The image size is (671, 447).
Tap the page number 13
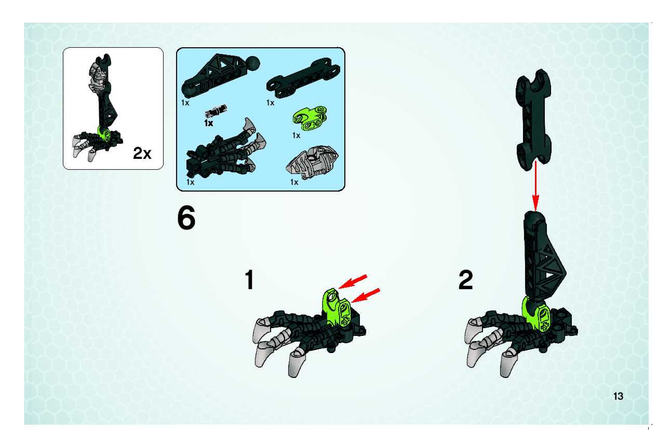click(618, 396)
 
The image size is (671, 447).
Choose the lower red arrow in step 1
click(366, 295)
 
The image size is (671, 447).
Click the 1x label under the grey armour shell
click(294, 182)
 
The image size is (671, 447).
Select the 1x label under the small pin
click(209, 123)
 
